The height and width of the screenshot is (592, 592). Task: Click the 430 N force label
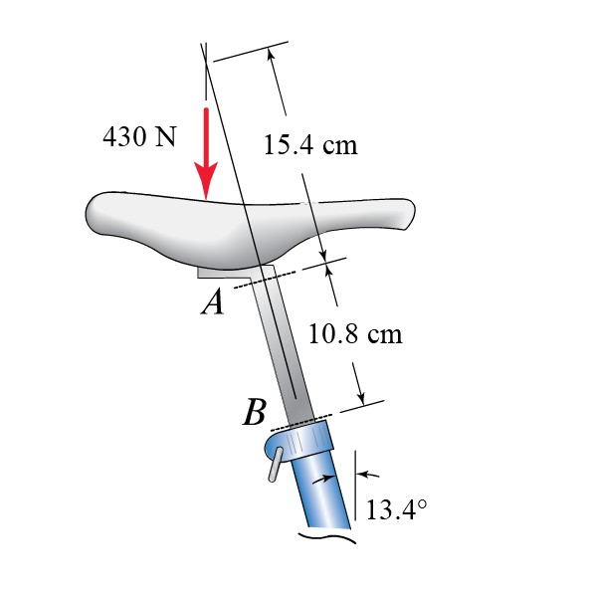[138, 136]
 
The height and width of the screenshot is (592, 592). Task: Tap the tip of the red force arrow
[206, 197]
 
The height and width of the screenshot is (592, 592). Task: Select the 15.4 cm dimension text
[309, 145]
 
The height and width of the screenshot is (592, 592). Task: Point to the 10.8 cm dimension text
[355, 332]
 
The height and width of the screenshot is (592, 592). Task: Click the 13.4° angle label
[395, 509]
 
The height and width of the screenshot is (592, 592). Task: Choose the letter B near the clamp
[255, 412]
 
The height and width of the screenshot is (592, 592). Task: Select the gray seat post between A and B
[284, 348]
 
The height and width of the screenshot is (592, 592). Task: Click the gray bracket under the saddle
[219, 272]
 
